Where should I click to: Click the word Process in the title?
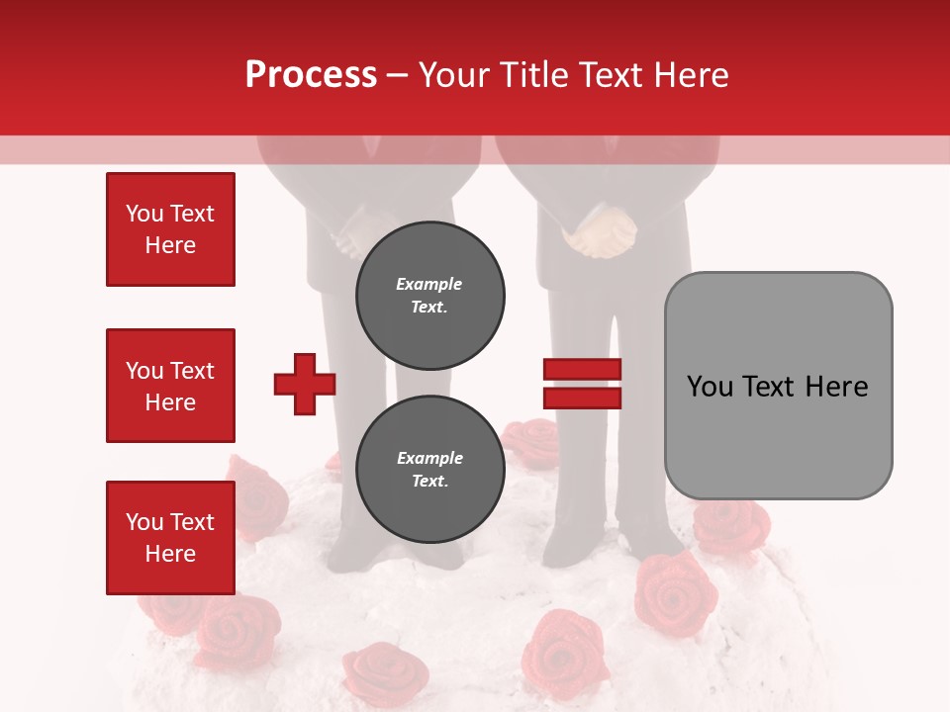(x=311, y=75)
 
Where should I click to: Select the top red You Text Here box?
(x=170, y=229)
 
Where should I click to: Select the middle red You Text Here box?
(x=170, y=386)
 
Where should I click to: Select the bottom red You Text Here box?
(x=170, y=538)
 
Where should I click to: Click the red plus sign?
(x=305, y=384)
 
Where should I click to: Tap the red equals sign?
(x=582, y=384)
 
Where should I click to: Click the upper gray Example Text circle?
(x=429, y=296)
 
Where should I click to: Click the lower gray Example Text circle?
(x=429, y=470)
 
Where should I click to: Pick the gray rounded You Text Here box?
(x=778, y=386)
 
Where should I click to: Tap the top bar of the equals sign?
(x=582, y=370)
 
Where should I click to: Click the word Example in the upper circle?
(x=429, y=284)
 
